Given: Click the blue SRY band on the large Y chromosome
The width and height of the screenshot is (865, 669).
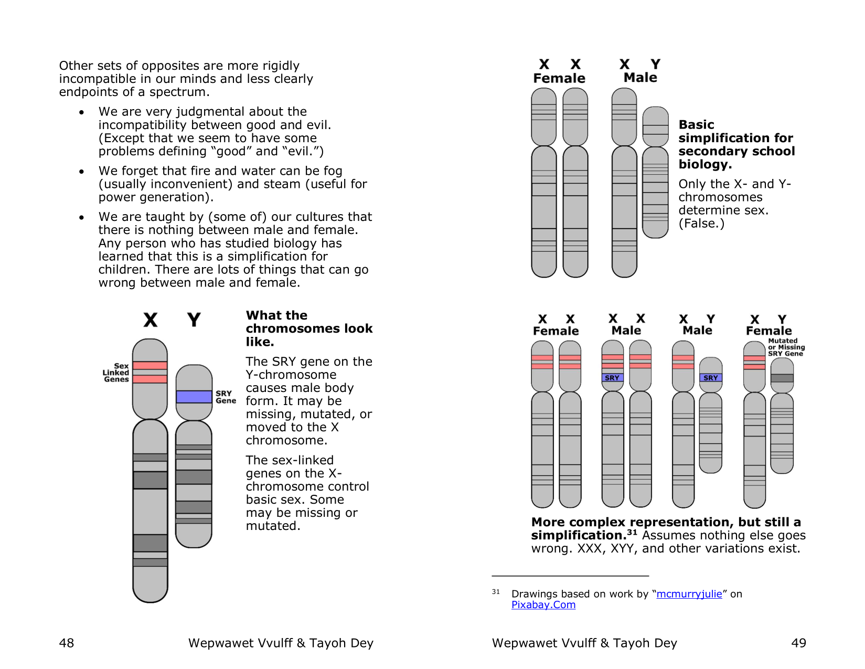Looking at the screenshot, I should click(194, 397).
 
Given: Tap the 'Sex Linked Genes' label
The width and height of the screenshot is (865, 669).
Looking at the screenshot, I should click(116, 373).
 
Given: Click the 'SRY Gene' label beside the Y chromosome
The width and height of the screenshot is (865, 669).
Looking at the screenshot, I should click(226, 397).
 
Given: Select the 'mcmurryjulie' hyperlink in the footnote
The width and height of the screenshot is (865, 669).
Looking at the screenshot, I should click(689, 594).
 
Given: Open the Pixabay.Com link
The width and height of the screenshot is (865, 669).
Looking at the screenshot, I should click(543, 605).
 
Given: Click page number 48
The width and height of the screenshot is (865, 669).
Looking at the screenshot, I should click(67, 643).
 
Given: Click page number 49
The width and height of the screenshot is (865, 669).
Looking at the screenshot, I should click(798, 643).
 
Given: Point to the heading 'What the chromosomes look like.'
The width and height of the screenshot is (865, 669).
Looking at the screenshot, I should click(308, 328).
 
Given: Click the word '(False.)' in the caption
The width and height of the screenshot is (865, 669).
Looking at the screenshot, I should click(701, 224).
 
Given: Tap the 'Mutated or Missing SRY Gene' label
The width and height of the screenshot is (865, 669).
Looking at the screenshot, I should click(786, 347).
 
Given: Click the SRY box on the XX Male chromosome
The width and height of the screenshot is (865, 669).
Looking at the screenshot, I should click(612, 378).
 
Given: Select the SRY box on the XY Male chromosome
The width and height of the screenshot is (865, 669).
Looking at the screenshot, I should click(711, 378).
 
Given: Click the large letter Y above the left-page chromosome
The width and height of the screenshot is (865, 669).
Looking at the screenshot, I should click(194, 320).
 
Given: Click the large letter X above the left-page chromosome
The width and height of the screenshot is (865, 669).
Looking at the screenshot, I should click(151, 320).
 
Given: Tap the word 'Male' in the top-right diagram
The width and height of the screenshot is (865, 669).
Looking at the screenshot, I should click(640, 78).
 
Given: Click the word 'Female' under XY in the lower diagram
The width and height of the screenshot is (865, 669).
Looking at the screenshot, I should click(768, 331).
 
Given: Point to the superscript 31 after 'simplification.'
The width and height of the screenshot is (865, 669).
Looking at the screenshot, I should click(632, 533).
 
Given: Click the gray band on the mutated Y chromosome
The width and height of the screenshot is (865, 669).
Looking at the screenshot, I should click(782, 378).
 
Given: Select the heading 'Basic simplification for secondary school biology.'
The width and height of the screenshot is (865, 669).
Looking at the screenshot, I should click(736, 144).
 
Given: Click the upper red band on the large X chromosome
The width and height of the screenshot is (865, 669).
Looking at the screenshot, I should click(150, 366).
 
